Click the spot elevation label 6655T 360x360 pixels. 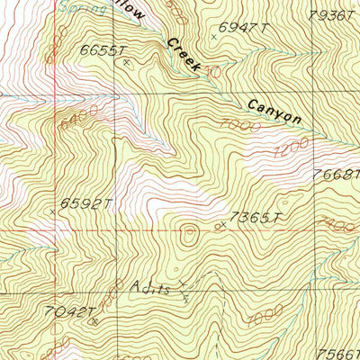pos(100,49)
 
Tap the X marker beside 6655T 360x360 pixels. pos(126,62)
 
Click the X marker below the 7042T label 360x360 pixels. pos(91,319)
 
